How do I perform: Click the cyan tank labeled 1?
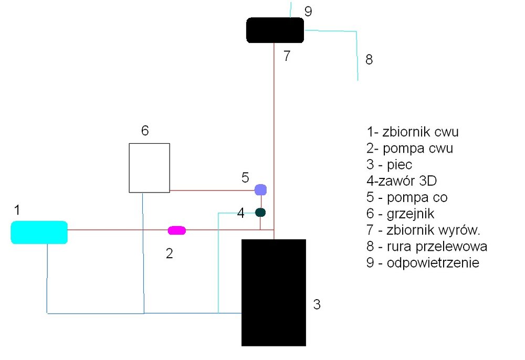(x=39, y=232)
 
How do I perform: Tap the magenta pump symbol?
(x=176, y=230)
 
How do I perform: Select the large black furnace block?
(x=274, y=292)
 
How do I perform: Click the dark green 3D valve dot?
(x=260, y=213)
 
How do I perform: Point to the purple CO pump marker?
(x=260, y=189)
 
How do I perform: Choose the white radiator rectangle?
(x=150, y=167)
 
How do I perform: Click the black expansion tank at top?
(x=275, y=30)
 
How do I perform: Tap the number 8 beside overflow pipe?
(x=369, y=60)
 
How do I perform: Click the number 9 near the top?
(x=308, y=10)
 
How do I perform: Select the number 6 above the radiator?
(x=145, y=131)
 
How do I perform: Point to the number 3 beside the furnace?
(x=317, y=304)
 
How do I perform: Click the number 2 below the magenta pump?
(x=169, y=254)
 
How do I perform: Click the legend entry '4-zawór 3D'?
(x=402, y=181)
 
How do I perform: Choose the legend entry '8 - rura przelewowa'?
(x=427, y=246)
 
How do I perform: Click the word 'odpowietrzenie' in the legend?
(x=433, y=262)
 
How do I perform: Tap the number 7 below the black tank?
(x=287, y=56)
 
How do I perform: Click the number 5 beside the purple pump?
(x=245, y=177)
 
